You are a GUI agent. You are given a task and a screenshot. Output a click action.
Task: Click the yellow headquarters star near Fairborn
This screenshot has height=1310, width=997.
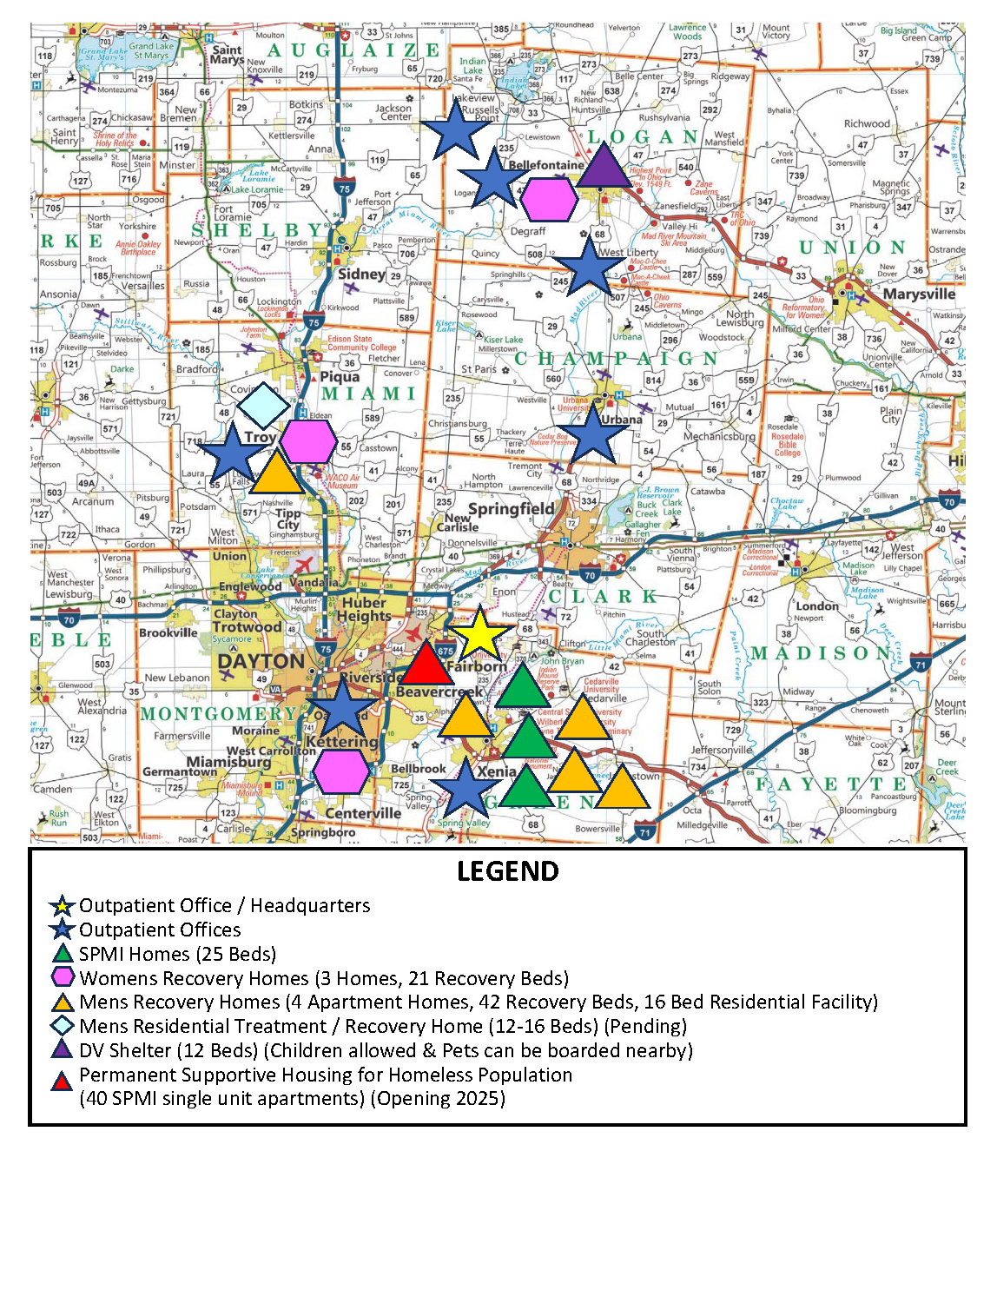coord(479,634)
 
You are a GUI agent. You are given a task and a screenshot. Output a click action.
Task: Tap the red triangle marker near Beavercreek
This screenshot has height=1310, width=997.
coord(426,665)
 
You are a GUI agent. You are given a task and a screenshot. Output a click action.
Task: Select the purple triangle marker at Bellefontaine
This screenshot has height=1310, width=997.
coord(604,165)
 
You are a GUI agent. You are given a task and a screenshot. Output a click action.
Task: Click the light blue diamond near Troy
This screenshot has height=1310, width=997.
coord(263,405)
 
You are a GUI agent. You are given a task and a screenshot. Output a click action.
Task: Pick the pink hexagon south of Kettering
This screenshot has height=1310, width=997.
coord(340,771)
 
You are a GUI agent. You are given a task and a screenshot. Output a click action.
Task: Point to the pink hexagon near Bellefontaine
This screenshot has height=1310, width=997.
coord(549,200)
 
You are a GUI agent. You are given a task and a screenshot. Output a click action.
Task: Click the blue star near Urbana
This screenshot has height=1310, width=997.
coord(592,435)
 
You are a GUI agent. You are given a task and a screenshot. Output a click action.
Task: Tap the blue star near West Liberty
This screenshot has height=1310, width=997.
coord(589,267)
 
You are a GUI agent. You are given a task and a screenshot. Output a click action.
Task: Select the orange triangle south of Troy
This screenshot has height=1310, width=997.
coord(277,473)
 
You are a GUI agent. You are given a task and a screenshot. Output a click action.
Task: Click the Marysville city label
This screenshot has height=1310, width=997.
coord(919,294)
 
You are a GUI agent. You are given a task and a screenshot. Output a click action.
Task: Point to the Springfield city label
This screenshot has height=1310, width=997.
coord(511,508)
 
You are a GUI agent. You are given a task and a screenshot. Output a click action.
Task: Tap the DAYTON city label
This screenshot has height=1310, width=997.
coord(261,661)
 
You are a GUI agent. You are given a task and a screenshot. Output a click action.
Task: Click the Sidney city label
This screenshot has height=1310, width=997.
coord(361,274)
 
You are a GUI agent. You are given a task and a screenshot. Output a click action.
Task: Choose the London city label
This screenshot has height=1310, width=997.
coord(817,605)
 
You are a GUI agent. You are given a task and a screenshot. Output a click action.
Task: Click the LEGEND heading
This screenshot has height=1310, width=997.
coord(508,871)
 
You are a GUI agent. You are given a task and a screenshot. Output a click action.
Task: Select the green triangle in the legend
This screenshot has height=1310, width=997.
coord(62,954)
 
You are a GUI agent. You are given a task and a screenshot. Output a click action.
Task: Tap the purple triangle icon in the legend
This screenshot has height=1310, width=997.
coord(62,1050)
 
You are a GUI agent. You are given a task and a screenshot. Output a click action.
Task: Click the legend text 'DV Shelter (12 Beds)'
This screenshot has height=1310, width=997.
coord(169,1050)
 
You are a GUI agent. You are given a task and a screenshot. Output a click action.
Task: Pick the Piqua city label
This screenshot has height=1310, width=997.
coord(340,376)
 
